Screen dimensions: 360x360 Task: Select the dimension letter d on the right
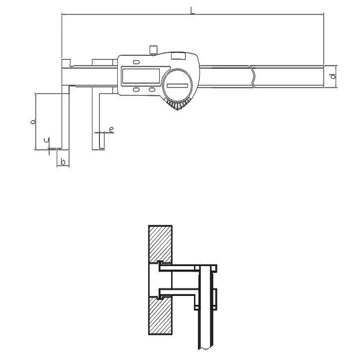332,76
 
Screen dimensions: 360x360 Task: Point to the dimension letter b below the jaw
63,162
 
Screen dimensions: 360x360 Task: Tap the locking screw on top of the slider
153,50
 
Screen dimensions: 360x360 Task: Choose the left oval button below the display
136,90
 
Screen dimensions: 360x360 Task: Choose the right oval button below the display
152,90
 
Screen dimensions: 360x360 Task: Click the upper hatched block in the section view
160,244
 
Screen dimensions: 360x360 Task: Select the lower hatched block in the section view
160,318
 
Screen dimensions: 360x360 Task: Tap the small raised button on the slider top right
178,56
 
